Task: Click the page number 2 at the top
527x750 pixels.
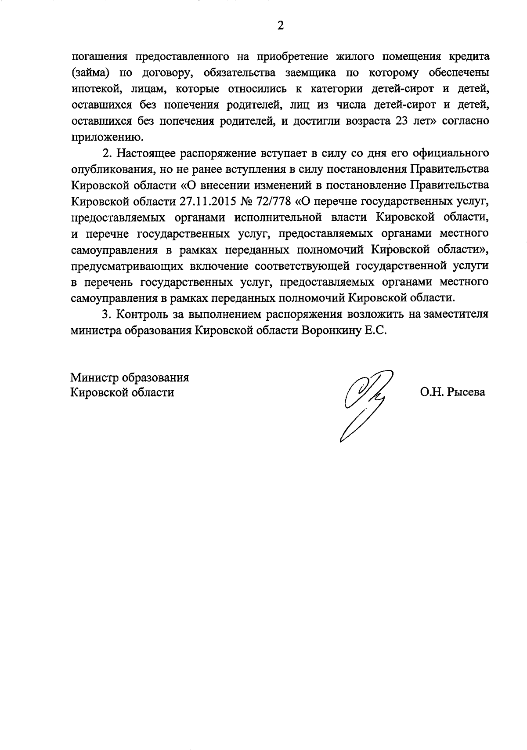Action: coord(280,26)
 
